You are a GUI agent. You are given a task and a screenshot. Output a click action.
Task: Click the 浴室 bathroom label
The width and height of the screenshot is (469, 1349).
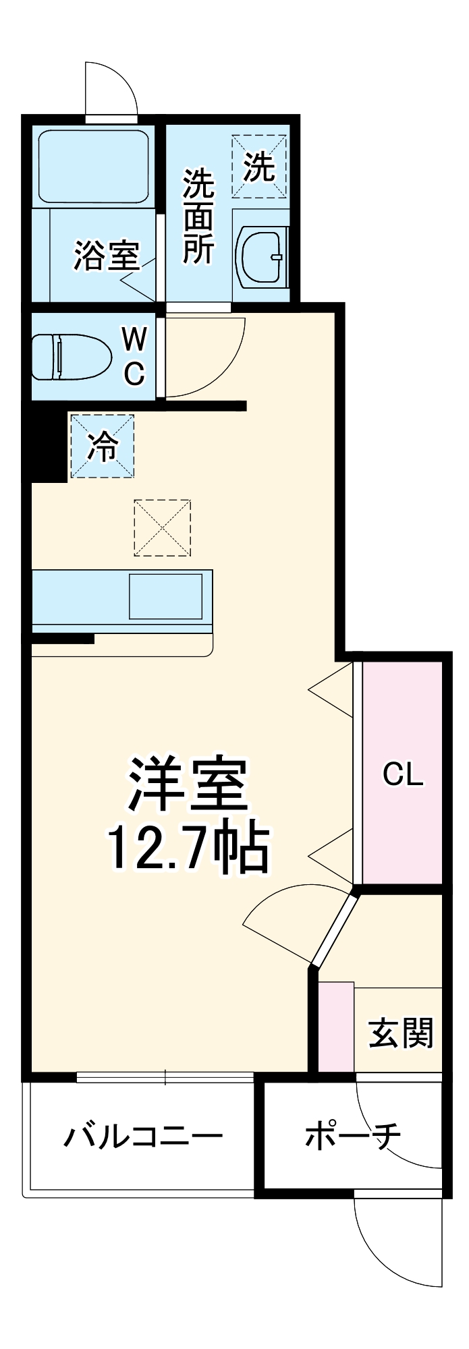click(x=106, y=256)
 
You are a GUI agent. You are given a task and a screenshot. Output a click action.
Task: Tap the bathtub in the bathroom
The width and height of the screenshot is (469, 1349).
click(x=93, y=166)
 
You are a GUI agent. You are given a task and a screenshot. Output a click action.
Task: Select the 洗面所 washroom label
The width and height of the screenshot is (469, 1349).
click(x=198, y=217)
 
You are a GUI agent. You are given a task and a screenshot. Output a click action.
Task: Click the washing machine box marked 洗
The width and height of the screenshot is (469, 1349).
click(x=259, y=166)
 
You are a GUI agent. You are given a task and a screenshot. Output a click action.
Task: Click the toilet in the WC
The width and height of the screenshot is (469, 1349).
click(x=71, y=357)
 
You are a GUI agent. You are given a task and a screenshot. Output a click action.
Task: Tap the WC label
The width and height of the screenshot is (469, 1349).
click(x=134, y=355)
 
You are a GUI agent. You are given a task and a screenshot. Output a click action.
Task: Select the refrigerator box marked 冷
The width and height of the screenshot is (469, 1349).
click(x=103, y=446)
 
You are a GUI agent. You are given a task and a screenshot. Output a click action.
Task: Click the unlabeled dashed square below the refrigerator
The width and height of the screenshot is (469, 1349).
click(x=162, y=527)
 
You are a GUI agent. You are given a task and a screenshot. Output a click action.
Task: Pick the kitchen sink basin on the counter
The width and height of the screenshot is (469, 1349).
click(x=165, y=596)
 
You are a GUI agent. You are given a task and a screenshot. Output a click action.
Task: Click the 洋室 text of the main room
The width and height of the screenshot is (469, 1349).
click(x=188, y=784)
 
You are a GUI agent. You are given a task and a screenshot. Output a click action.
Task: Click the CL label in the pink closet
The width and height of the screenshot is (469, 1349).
click(x=403, y=774)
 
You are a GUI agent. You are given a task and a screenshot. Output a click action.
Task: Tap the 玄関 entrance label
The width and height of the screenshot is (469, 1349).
click(x=400, y=1033)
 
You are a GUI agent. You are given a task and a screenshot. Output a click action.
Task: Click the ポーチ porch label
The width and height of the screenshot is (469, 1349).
click(x=352, y=1136)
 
